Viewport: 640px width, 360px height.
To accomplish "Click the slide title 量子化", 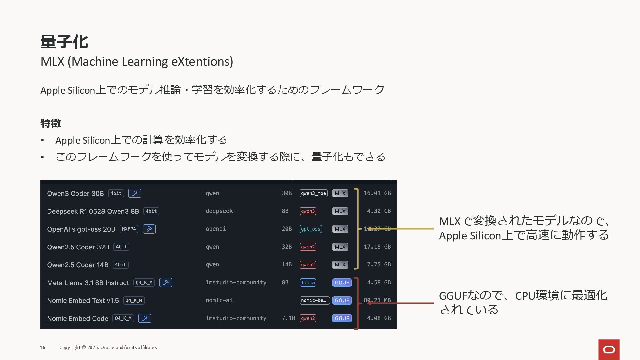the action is pyautogui.click(x=64, y=42).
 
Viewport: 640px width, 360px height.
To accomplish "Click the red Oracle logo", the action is pyautogui.click(x=609, y=349).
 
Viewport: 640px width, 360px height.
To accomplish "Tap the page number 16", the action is pyautogui.click(x=43, y=347).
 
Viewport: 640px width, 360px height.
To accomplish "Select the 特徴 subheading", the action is pyautogui.click(x=51, y=123).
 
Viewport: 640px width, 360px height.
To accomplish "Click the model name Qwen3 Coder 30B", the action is pyautogui.click(x=75, y=193).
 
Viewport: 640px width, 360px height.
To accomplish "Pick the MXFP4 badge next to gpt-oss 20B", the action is pyautogui.click(x=129, y=229).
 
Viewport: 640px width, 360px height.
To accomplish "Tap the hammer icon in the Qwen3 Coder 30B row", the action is pyautogui.click(x=135, y=193).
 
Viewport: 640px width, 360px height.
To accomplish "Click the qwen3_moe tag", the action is pyautogui.click(x=313, y=193).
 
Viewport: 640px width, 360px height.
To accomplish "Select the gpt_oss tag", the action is pyautogui.click(x=311, y=229).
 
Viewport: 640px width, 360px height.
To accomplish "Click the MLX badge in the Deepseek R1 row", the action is pyautogui.click(x=340, y=211).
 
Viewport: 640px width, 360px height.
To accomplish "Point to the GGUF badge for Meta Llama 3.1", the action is pyautogui.click(x=342, y=283).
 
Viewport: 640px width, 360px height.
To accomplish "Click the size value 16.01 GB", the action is pyautogui.click(x=377, y=193).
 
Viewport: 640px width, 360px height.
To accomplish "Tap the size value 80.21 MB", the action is pyautogui.click(x=377, y=300).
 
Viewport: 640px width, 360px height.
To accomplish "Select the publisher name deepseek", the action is pyautogui.click(x=219, y=211).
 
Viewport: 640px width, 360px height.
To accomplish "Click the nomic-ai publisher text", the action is pyautogui.click(x=219, y=300).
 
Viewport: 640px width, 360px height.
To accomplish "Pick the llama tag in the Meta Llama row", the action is pyautogui.click(x=308, y=283).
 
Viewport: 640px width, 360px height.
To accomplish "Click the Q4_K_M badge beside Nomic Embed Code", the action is pyautogui.click(x=123, y=318).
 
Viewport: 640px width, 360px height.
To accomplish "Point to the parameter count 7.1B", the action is pyautogui.click(x=288, y=318).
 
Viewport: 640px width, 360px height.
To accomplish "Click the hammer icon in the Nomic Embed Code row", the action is pyautogui.click(x=145, y=318).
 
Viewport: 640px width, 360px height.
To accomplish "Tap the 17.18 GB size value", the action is pyautogui.click(x=377, y=247).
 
